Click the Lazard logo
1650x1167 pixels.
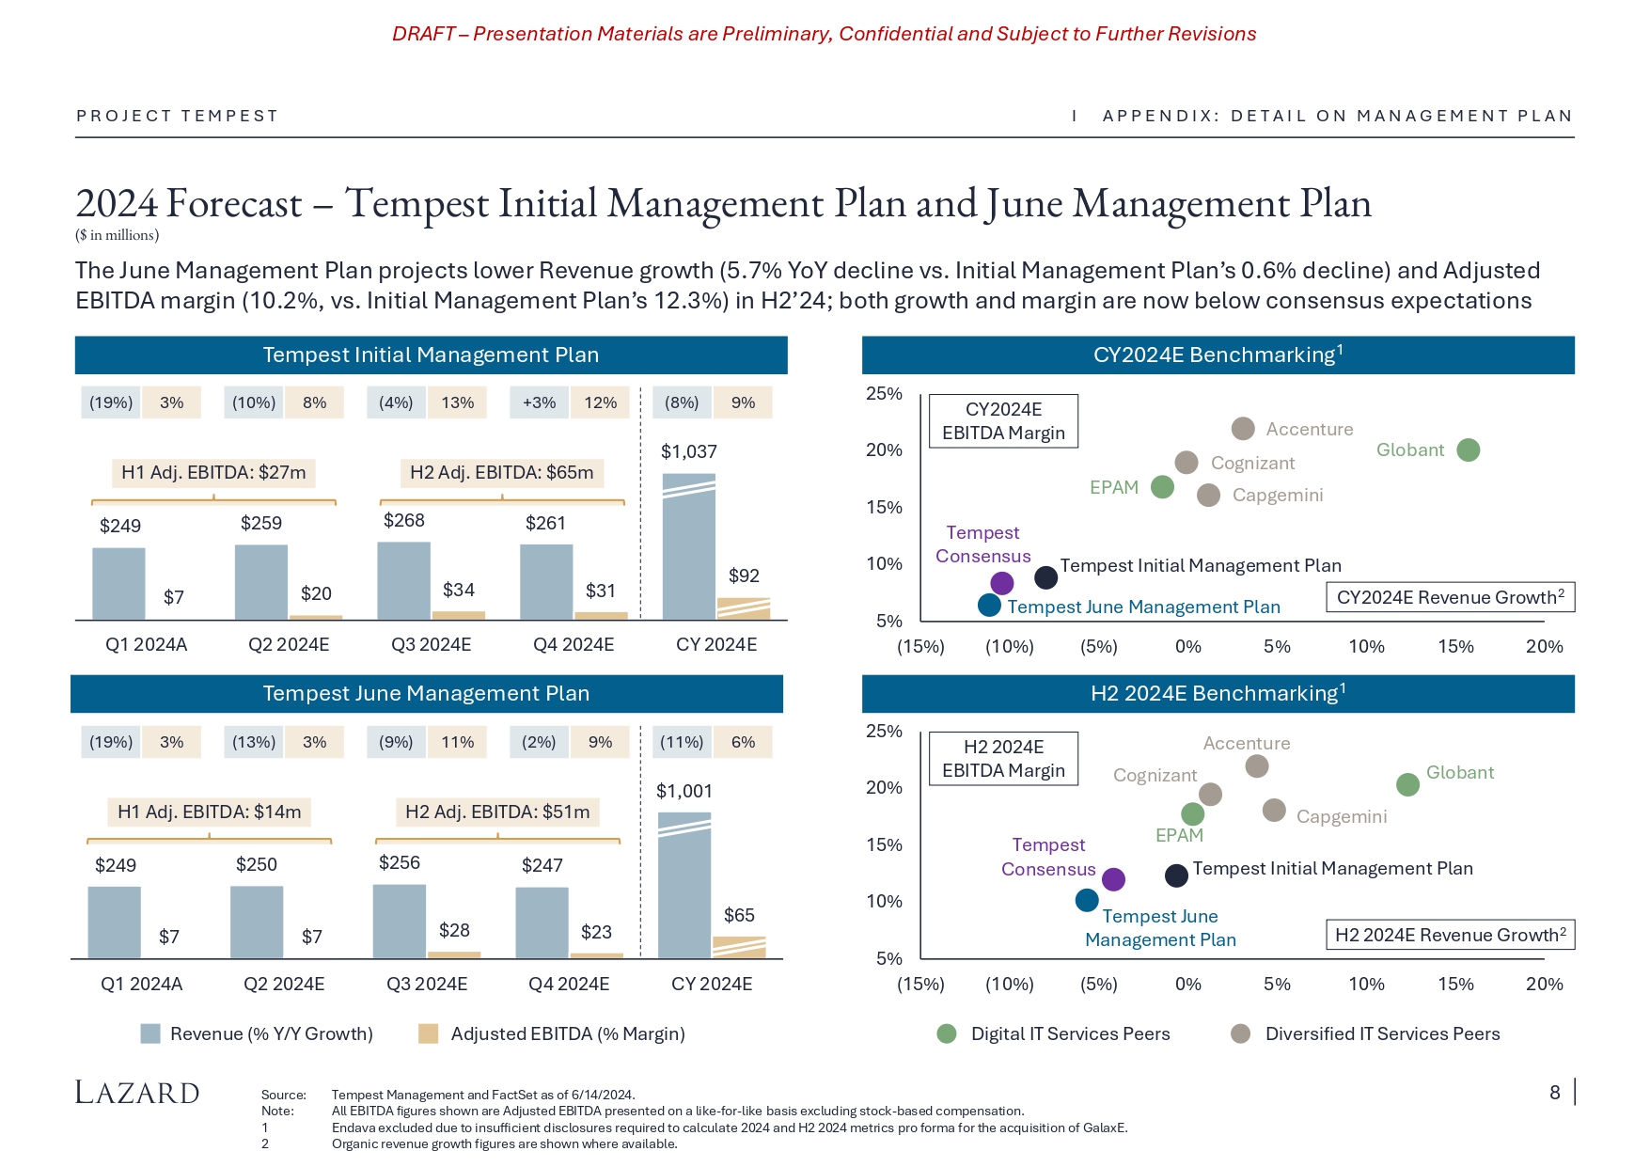click(x=137, y=1093)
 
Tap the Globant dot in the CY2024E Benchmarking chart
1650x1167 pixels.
click(x=1468, y=450)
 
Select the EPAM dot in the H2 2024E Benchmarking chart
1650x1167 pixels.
click(x=1192, y=813)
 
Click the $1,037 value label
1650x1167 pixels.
click(x=688, y=452)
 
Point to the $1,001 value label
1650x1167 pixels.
click(x=684, y=792)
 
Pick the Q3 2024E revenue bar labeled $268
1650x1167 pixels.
click(x=403, y=580)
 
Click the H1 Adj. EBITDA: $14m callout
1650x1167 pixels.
click(x=209, y=812)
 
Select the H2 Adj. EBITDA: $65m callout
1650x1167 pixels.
click(x=501, y=473)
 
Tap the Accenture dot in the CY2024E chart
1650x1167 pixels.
click(x=1243, y=429)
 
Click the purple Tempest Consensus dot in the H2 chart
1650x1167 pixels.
click(x=1113, y=879)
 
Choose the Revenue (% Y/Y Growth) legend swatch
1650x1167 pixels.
click(x=150, y=1034)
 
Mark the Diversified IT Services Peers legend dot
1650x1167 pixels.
click(x=1241, y=1034)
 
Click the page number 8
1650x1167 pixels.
click(x=1555, y=1093)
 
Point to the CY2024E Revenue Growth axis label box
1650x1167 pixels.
click(x=1450, y=598)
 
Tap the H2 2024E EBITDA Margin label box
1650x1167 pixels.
click(x=1003, y=759)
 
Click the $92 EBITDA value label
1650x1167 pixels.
click(x=744, y=576)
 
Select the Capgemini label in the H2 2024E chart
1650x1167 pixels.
click(x=1341, y=817)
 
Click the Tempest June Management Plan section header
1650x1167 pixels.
click(x=426, y=694)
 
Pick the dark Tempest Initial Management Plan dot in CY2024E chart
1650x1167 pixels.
click(x=1045, y=577)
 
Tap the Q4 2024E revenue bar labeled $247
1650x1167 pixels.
click(x=542, y=923)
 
